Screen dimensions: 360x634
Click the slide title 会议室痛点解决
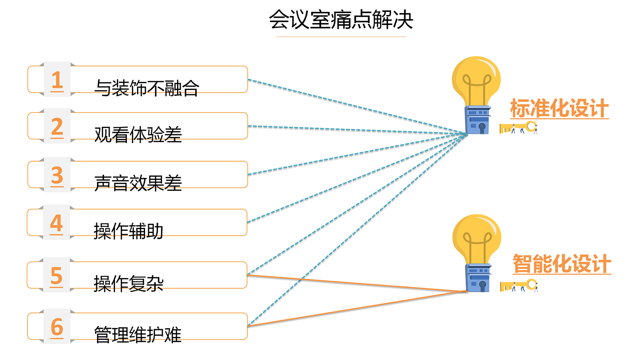pos(341,20)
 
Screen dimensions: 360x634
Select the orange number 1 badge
pos(57,80)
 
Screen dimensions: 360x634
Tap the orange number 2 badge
pos(57,127)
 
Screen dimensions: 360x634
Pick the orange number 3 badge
pos(57,175)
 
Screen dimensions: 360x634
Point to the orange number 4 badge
pos(56,223)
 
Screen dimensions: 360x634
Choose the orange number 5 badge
pos(56,276)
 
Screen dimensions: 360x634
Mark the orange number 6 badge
pos(57,327)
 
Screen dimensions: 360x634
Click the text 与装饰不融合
pos(147,88)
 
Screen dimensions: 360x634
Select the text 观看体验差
pos(138,135)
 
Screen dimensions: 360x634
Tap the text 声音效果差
pos(138,183)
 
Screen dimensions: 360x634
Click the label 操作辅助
pos(128,231)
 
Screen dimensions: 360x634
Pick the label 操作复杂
pos(128,284)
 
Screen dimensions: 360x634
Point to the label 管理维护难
pos(137,335)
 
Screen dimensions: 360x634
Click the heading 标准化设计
pos(559,109)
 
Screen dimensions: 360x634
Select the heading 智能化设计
pos(561,264)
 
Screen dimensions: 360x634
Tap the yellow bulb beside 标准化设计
pos(476,81)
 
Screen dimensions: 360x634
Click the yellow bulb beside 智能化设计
pos(477,239)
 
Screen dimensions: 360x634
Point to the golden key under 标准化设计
pos(518,128)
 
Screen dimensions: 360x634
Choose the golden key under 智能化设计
pos(518,286)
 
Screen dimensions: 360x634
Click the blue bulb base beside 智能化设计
pos(478,278)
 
